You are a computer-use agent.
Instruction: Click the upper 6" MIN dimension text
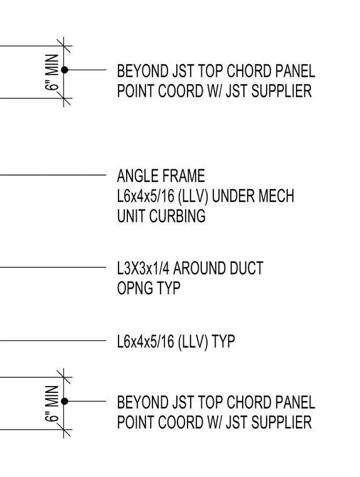tap(51, 72)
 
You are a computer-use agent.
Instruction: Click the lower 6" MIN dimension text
tap(51, 404)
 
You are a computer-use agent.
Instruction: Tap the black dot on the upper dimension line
tap(65, 70)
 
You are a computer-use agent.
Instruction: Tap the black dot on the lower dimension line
tap(65, 402)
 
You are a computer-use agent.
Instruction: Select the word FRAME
tap(183, 176)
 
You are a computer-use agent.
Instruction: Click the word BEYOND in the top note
tap(142, 71)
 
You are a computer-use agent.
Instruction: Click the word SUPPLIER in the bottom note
tap(282, 422)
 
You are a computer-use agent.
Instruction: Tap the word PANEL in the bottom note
tap(295, 402)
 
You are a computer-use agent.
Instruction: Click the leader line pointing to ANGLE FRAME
tap(53, 175)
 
